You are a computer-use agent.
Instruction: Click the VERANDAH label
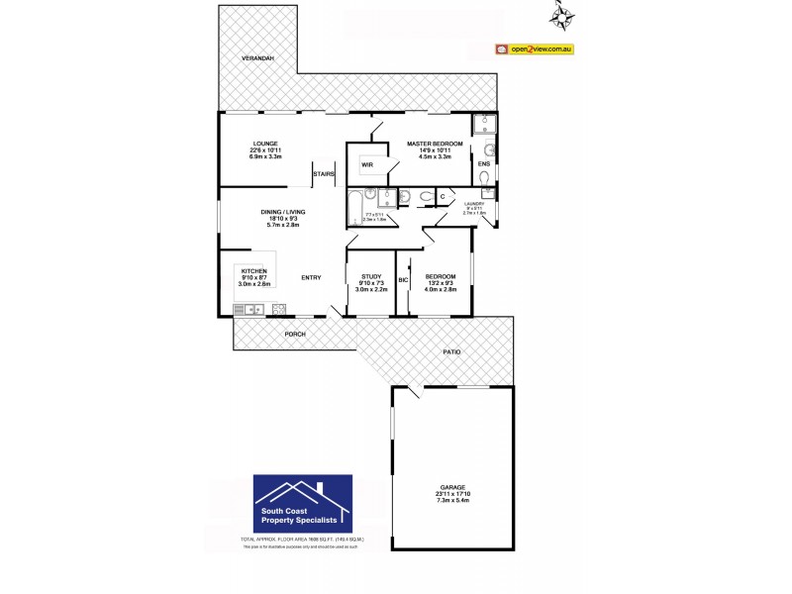[256, 59]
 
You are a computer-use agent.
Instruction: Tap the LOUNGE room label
[264, 143]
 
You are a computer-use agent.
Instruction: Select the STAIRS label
[324, 174]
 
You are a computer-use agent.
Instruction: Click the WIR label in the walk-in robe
[366, 164]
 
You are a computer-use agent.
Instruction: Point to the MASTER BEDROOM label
[435, 144]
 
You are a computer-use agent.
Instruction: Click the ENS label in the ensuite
[484, 163]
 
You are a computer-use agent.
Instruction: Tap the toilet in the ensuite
[484, 178]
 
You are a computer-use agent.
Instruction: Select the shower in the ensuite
[484, 125]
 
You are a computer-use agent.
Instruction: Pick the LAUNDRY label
[475, 203]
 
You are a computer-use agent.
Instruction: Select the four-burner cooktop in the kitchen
[278, 309]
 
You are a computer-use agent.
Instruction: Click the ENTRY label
[311, 277]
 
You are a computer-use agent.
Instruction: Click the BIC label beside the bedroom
[403, 280]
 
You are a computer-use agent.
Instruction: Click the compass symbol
[566, 15]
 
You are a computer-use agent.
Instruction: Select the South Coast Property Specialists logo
[303, 503]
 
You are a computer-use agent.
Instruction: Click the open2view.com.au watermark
[535, 49]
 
